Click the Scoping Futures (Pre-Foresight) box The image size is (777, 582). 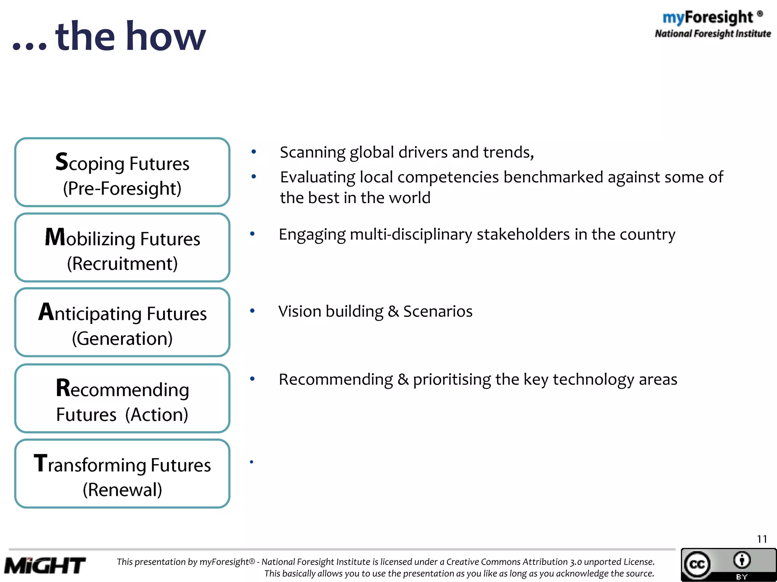[122, 172]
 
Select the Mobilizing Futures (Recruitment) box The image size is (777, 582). [122, 247]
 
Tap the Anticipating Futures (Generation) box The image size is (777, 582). [122, 322]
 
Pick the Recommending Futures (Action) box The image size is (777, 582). [122, 398]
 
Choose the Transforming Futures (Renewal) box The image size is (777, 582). [122, 474]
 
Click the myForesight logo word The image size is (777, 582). [708, 17]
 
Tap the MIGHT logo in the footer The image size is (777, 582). [45, 566]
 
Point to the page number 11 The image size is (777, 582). [762, 539]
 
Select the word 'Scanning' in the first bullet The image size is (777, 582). [312, 152]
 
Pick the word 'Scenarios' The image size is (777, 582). [437, 311]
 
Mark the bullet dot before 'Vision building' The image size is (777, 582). [252, 311]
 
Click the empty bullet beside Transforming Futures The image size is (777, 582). [251, 462]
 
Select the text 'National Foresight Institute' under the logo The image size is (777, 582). [713, 34]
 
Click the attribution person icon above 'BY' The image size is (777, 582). [742, 560]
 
